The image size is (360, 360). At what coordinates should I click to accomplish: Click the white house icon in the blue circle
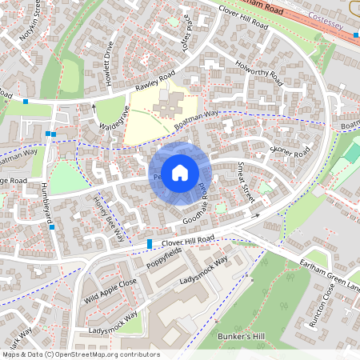click(x=180, y=172)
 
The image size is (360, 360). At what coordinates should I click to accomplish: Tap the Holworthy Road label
click(x=260, y=73)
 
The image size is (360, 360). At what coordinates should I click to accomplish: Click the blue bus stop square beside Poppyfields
click(x=150, y=243)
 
